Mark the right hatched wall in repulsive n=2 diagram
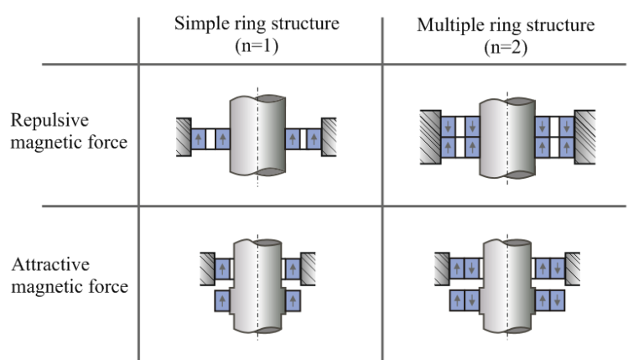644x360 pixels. pos(584,136)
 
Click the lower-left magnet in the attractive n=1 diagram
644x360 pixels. pos(223,299)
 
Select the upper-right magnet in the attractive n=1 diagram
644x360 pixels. pos(291,269)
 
